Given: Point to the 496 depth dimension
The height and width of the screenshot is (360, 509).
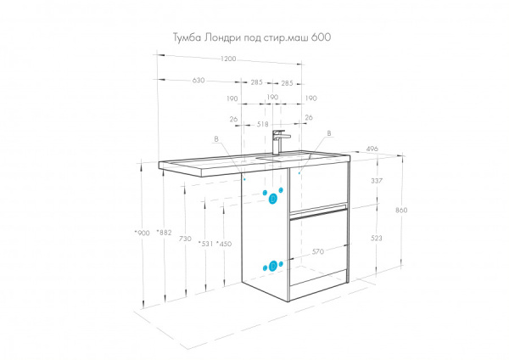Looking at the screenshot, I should tap(372, 149).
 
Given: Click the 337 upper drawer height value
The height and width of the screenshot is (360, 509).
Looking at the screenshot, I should tap(378, 181).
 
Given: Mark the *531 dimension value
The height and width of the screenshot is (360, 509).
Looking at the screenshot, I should tap(204, 245).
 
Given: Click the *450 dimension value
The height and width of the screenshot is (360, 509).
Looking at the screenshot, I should tap(224, 245).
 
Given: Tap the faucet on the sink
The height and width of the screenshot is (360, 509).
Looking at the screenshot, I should tap(280, 142).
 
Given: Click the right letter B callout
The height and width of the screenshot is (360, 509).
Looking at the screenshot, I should tap(327, 133).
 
